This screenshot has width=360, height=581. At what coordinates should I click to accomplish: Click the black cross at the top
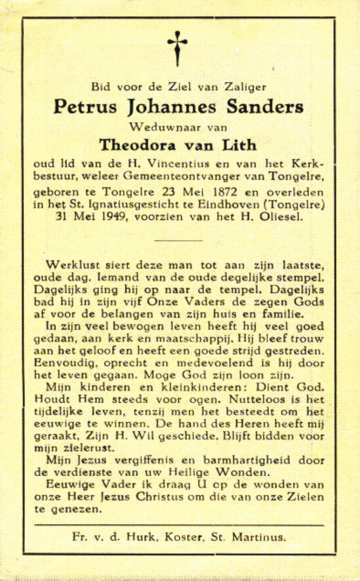click(x=177, y=48)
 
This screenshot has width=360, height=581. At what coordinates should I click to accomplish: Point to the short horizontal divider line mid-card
click(x=178, y=241)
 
